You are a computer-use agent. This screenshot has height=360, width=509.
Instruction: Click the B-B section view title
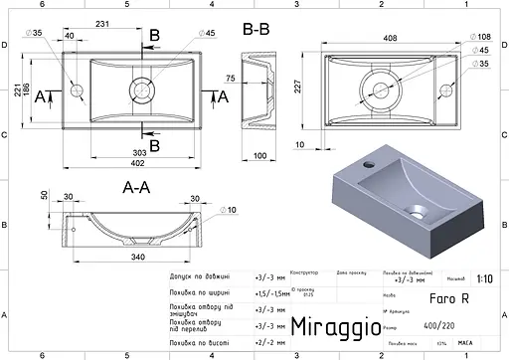[x=257, y=29]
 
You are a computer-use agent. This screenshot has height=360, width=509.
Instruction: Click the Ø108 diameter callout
[x=479, y=36]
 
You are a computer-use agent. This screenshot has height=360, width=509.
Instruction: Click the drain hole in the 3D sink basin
[x=418, y=211]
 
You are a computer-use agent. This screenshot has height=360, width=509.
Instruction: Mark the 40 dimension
[x=69, y=36]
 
